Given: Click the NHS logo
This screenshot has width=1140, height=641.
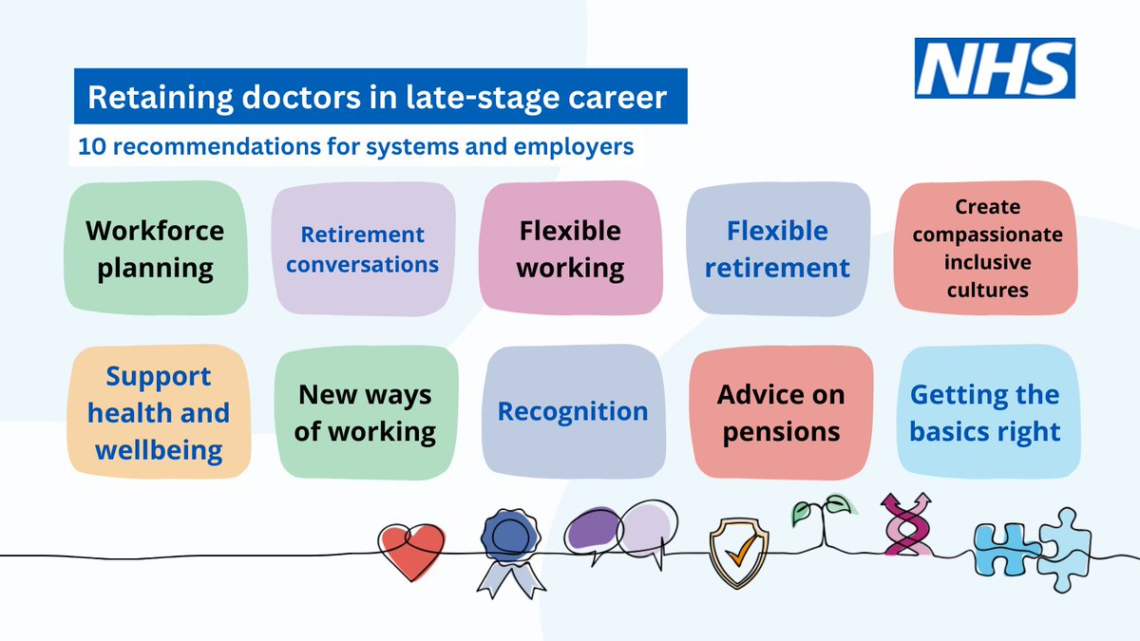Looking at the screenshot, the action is coord(995,68).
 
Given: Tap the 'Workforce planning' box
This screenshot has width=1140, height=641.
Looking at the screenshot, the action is coord(156,249).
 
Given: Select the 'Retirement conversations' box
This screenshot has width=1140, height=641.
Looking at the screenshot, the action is coord(362,249).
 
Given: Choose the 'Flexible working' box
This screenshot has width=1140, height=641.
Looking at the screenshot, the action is coord(570,249).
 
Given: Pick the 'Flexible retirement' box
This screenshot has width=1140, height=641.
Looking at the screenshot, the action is coord(777,249).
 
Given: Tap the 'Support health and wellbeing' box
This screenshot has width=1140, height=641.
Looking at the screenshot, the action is coord(159,413).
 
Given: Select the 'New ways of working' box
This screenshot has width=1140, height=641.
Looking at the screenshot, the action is coord(365,413).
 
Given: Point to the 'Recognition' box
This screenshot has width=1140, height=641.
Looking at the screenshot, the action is coord(573,412).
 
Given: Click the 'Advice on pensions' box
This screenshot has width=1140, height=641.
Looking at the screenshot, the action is coord(780,413).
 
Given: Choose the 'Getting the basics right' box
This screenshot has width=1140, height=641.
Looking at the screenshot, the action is coord(985,413).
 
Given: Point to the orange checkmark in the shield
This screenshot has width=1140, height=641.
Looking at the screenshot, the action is coord(732,548).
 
